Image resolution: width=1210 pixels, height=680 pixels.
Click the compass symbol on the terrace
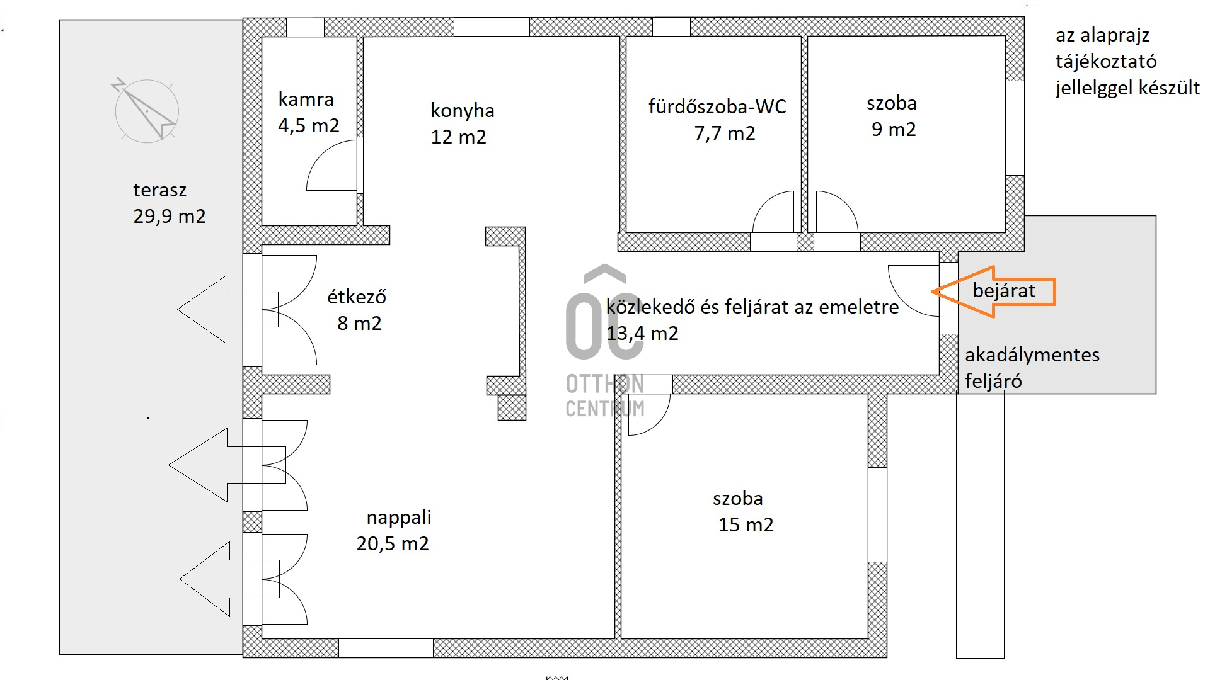(x=146, y=111)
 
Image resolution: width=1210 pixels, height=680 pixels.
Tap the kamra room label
(x=306, y=99)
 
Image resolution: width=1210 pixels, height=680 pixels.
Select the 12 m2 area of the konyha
(x=458, y=137)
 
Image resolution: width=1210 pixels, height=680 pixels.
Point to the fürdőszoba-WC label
(x=717, y=106)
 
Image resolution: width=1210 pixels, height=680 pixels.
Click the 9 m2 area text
(x=894, y=129)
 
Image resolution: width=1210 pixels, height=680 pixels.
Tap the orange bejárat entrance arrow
(x=993, y=292)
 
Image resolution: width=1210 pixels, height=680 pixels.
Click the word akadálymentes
(x=1032, y=355)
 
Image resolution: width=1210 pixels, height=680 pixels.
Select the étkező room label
(x=357, y=297)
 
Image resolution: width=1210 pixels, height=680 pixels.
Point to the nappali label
(x=399, y=518)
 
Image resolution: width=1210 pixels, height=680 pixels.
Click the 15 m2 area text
(x=746, y=524)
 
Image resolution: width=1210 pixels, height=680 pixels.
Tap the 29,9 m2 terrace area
(x=170, y=217)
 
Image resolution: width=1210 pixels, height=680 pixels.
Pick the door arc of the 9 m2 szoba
(x=848, y=203)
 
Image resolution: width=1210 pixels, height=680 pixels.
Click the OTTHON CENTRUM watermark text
(x=605, y=396)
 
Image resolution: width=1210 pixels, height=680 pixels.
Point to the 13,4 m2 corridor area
(x=642, y=333)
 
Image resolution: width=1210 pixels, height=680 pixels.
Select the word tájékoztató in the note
(x=1106, y=62)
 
